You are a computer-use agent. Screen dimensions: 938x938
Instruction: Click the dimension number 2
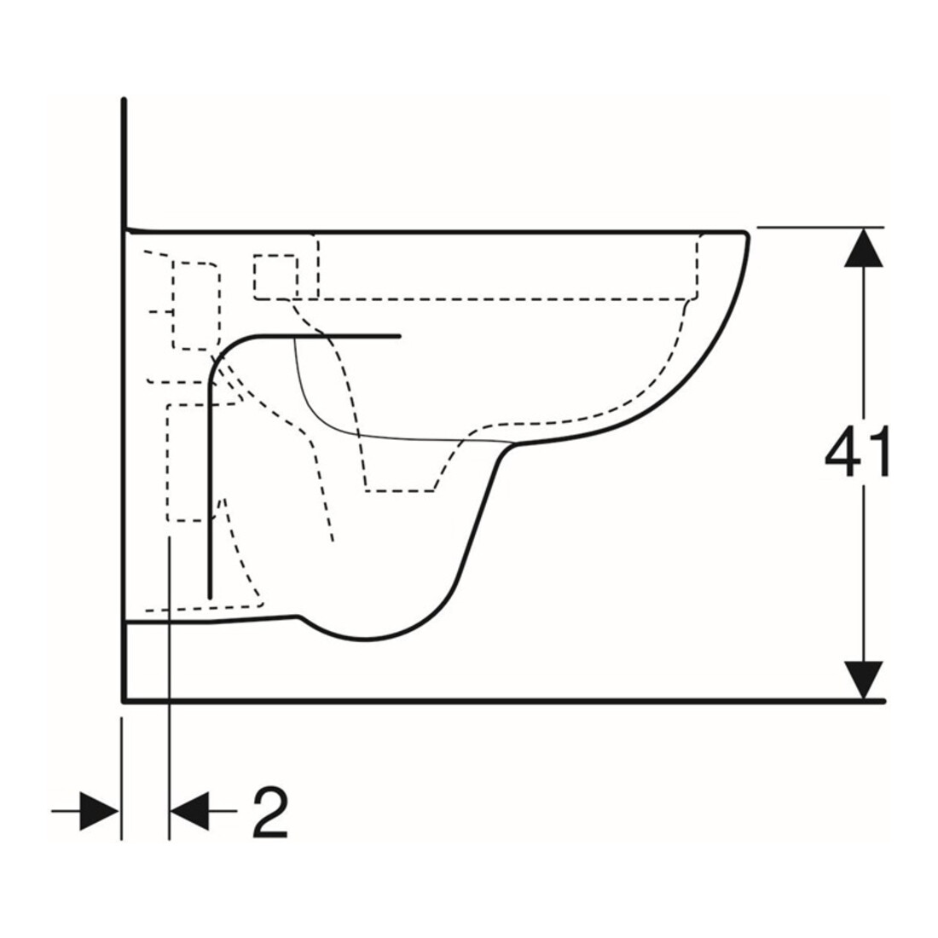270,812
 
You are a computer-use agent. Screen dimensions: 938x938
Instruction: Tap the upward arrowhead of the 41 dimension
863,247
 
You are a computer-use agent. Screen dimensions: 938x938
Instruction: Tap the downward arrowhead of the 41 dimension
863,680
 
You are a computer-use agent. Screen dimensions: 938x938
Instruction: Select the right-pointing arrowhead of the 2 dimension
99,811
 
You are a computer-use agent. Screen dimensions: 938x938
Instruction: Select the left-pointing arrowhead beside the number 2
189,811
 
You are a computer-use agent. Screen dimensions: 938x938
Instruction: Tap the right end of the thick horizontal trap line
399,336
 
